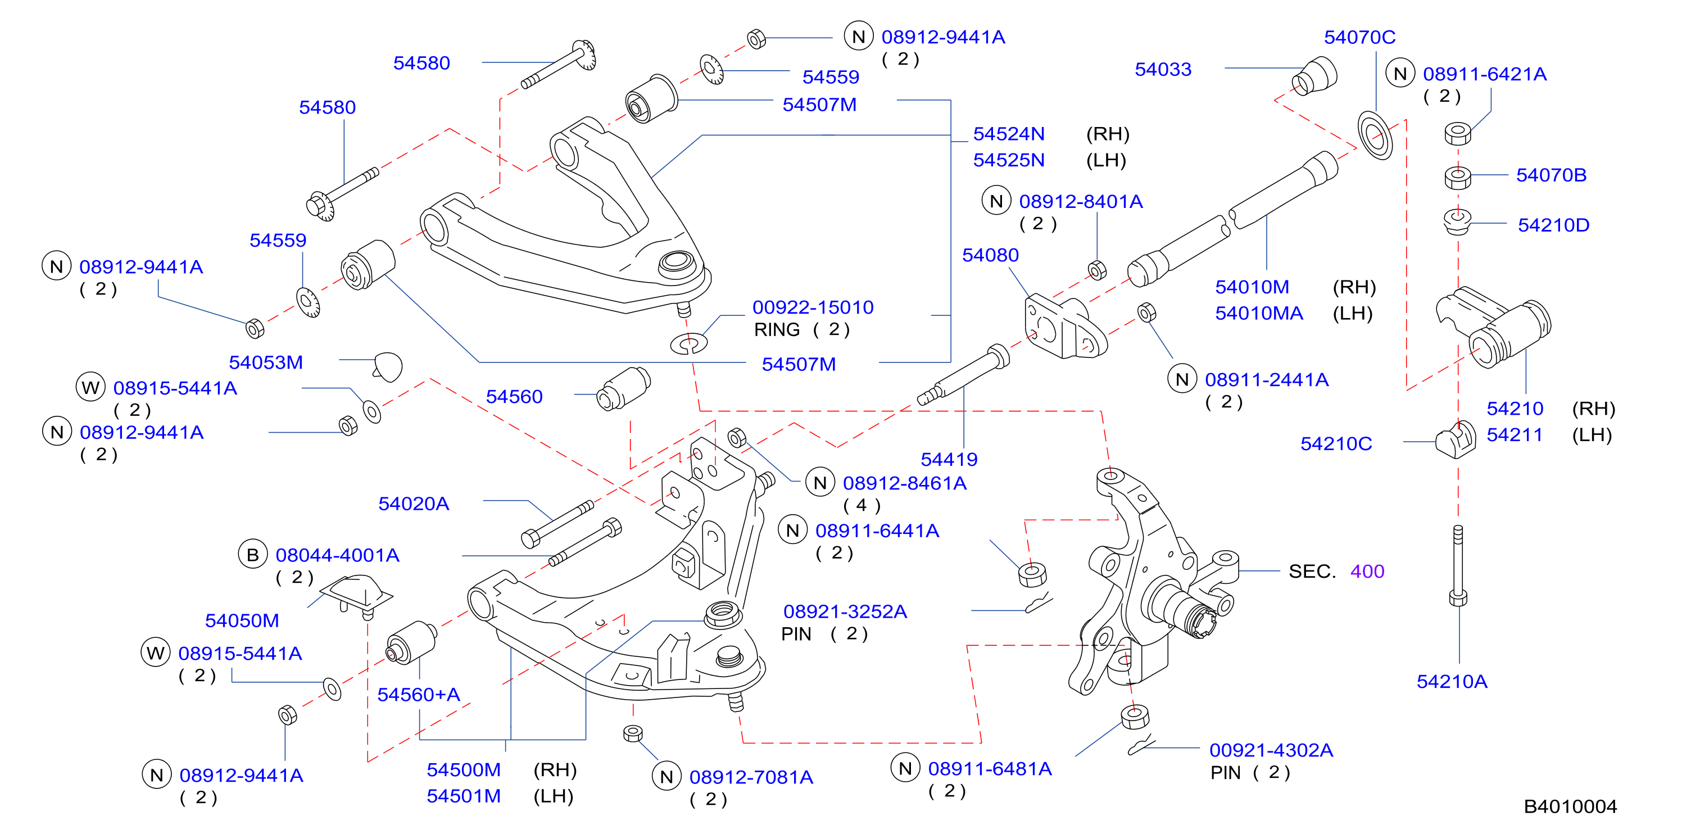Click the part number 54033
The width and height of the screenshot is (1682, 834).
[1163, 69]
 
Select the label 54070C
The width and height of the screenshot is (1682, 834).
[1359, 37]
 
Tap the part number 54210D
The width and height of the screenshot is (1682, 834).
[1553, 225]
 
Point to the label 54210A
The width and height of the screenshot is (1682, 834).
[1452, 682]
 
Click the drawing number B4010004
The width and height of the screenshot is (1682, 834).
[1570, 806]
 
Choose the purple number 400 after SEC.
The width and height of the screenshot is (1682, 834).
[1367, 572]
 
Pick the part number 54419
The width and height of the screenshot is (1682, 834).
[949, 460]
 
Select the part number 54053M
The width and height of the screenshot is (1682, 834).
[266, 362]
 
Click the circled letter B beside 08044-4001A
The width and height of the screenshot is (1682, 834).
[253, 555]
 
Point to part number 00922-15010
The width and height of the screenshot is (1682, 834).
[813, 307]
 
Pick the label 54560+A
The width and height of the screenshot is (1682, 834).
[419, 695]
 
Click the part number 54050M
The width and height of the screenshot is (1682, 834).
[242, 621]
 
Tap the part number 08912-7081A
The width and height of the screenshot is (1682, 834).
[751, 778]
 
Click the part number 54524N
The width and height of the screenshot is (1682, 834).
[1009, 134]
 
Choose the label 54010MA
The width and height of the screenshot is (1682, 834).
[1259, 314]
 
